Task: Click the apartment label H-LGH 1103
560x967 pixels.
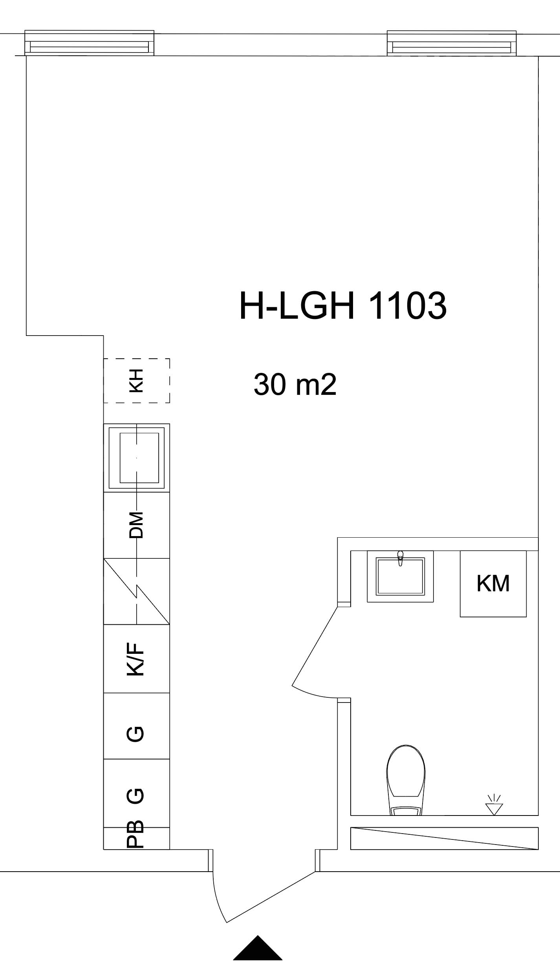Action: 343,306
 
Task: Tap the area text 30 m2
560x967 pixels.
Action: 295,385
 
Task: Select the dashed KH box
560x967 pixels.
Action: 137,380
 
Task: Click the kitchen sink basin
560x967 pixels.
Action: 137,458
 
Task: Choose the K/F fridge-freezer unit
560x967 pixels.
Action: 137,658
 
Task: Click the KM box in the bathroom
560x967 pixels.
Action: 493,584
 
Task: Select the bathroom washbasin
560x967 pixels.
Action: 400,576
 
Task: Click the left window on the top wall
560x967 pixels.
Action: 90,43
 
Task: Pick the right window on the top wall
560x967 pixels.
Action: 452,43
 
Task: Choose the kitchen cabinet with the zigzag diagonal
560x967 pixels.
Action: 137,591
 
